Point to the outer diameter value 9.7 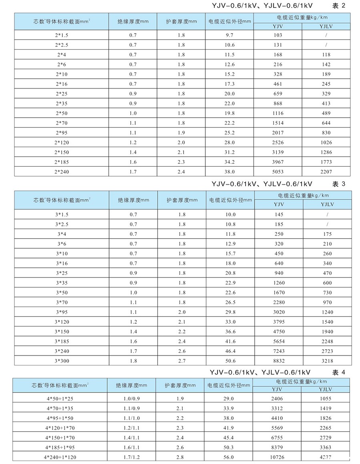tap(229, 35)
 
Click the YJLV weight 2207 tap(326, 171)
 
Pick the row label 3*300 tap(62, 360)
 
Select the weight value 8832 tap(278, 360)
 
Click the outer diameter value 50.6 tap(230, 360)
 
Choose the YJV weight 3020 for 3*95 tap(278, 312)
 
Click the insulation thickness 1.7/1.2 tap(132, 456)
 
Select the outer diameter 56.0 tap(229, 456)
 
